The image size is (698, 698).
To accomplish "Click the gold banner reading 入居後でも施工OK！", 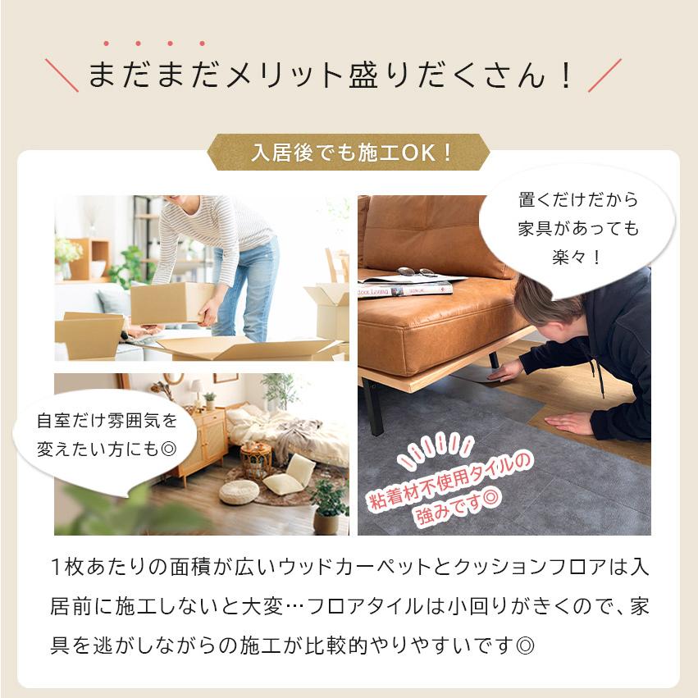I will [348, 152].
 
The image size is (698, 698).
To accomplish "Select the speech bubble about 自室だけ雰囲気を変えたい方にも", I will [107, 436].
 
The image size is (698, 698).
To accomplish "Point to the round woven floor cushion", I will [239, 491].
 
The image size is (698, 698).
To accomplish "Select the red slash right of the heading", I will [604, 75].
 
